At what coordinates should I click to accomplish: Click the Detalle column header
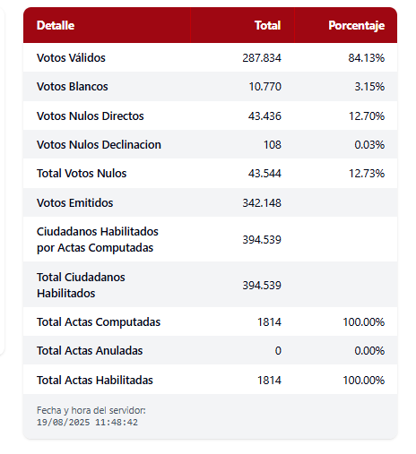(56, 25)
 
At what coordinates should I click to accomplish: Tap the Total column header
(267, 25)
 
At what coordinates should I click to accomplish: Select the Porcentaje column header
(357, 26)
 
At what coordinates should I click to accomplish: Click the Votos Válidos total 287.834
(262, 57)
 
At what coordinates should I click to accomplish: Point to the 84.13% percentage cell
(367, 57)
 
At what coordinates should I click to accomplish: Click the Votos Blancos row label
(73, 87)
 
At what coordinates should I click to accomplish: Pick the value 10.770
(265, 87)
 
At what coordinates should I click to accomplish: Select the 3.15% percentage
(369, 87)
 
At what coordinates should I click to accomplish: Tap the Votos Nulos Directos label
(91, 116)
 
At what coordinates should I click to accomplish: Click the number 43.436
(264, 116)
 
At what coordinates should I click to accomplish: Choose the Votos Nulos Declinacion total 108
(273, 145)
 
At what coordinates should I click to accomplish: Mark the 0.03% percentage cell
(369, 145)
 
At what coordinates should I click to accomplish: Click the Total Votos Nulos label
(82, 174)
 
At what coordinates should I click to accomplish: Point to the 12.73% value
(367, 174)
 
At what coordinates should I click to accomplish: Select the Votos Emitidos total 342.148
(262, 203)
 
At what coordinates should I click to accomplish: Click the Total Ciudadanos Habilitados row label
(81, 285)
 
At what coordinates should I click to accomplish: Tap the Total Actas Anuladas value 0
(278, 351)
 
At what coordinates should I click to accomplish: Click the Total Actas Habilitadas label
(95, 381)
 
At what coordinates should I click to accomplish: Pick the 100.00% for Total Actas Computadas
(364, 322)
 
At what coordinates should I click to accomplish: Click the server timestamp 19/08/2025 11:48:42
(87, 423)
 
